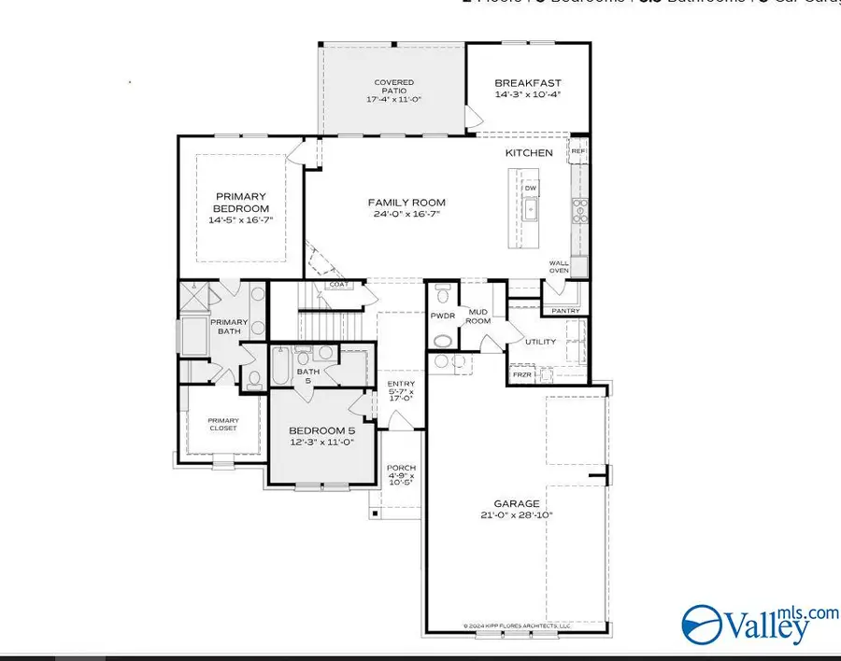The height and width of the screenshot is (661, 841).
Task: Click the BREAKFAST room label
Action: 528,83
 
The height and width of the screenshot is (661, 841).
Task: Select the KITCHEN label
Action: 529,152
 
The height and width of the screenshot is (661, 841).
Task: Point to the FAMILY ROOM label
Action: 406,203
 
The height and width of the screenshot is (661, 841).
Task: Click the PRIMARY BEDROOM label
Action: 242,203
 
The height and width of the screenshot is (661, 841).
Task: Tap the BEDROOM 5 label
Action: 322,430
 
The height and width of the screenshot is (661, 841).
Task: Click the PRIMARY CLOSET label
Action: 222,425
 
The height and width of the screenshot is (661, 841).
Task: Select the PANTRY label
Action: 566,311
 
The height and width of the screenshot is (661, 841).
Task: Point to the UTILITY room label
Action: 540,342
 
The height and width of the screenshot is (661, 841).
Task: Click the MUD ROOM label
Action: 479,316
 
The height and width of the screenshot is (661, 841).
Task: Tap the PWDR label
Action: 442,316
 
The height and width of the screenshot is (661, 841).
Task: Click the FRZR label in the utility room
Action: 521,375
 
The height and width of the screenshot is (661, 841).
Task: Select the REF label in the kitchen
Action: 578,150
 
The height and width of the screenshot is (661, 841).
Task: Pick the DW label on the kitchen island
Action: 530,188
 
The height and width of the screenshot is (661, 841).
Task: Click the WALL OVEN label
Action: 559,267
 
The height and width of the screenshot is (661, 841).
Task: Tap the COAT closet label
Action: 337,285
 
